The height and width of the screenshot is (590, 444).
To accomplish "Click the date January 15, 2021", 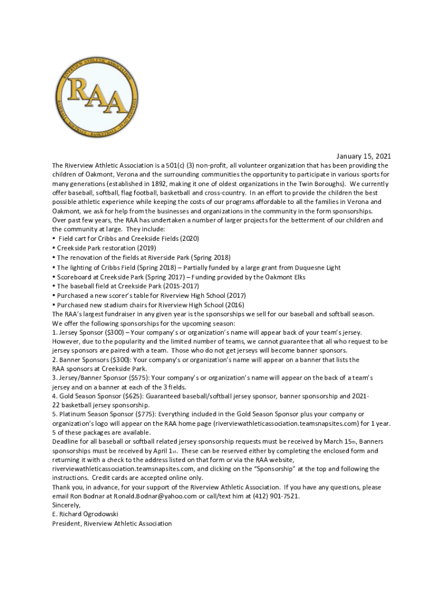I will coord(364,156).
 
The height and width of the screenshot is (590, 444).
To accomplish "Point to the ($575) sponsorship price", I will coord(136,378).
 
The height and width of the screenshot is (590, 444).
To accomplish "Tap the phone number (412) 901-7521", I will coord(274,496).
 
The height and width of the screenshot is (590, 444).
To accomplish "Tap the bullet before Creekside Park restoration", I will coord(54,248).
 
